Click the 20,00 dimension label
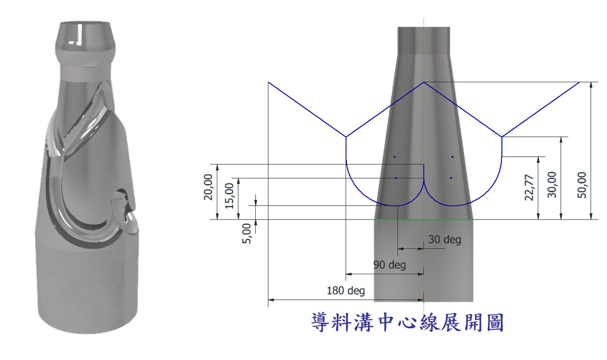tap(208, 187)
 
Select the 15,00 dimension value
tap(229, 196)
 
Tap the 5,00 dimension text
tap(246, 234)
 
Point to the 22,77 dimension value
tap(529, 187)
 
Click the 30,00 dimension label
tap(552, 185)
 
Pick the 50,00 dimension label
tap(582, 185)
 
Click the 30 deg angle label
tap(445, 239)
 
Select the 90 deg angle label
tap(390, 264)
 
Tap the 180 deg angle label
tap(346, 290)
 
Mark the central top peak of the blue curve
tap(424, 82)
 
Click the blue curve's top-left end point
tap(268, 82)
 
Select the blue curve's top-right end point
tap(579, 82)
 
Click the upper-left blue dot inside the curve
tap(394, 157)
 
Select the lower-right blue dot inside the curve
tap(451, 178)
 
